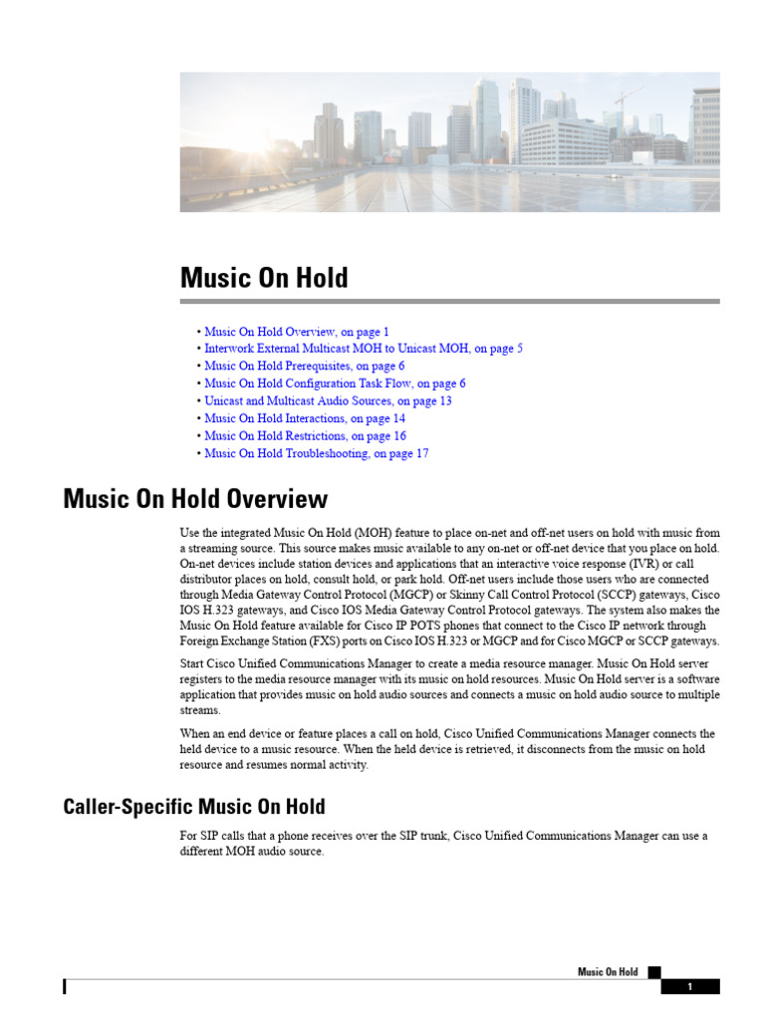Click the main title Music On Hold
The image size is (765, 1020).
(x=264, y=277)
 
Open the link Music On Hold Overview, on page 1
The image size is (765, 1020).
(x=297, y=332)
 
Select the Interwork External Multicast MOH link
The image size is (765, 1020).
(x=363, y=349)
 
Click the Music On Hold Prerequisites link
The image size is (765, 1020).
(x=304, y=366)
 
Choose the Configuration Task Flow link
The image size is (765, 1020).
(x=335, y=383)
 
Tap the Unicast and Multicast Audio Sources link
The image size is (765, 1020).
(x=328, y=400)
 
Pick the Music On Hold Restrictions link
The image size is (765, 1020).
(x=305, y=435)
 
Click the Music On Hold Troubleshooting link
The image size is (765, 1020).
(x=316, y=453)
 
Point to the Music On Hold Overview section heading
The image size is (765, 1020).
(x=195, y=498)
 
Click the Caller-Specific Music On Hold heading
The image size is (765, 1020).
(x=193, y=806)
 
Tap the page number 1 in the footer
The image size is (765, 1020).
(x=689, y=987)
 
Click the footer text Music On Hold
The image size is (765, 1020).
(x=608, y=972)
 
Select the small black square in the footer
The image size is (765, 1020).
(x=653, y=971)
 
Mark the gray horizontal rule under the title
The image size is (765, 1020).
(x=449, y=301)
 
